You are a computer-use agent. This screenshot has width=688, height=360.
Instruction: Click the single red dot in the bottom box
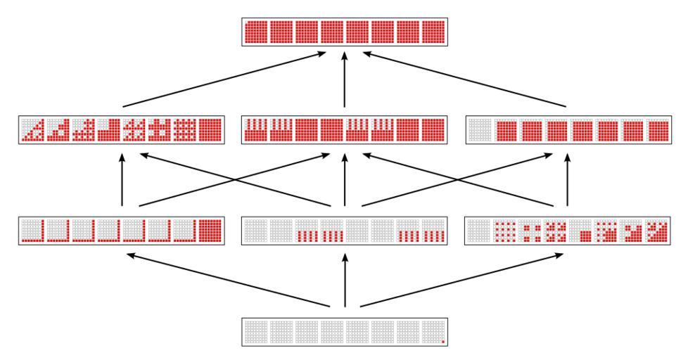(442, 342)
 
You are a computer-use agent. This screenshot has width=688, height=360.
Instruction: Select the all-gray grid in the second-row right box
(480, 130)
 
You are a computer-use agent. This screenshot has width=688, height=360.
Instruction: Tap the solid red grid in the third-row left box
(210, 231)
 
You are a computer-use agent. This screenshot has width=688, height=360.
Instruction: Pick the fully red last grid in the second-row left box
(210, 130)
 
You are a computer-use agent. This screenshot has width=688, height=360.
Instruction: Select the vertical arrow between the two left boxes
(122, 179)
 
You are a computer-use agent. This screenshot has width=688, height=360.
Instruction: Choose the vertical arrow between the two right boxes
(567, 179)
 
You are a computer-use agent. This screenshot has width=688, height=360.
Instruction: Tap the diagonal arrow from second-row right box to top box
(464, 79)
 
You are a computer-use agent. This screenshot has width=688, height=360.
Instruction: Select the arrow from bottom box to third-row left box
(225, 280)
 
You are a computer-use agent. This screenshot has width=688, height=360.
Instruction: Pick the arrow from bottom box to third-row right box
(464, 280)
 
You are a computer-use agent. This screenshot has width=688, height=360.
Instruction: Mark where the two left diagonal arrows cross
(235, 179)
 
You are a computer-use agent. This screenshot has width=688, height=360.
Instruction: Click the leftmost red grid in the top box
(255, 32)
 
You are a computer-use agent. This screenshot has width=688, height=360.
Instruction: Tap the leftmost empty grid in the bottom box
(255, 331)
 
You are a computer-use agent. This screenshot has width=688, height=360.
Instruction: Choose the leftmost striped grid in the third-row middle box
(307, 231)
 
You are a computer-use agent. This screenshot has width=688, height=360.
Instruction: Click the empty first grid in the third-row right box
(480, 231)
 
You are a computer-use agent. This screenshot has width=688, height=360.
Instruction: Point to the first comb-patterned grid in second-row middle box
(255, 130)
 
